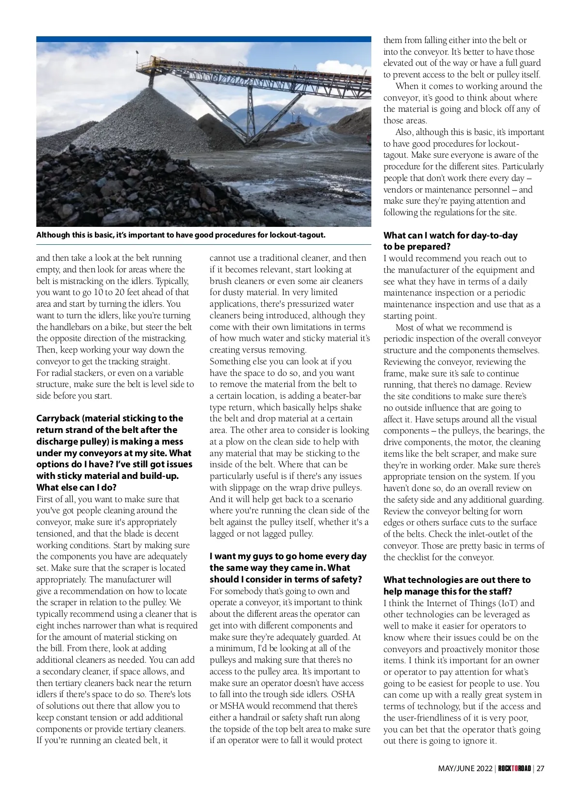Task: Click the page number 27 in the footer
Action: click(540, 768)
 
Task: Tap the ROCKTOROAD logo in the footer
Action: click(514, 768)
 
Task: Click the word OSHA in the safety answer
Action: click(343, 694)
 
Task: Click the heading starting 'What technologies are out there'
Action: click(457, 580)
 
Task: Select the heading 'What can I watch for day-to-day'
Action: click(450, 236)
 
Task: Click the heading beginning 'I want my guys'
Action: click(288, 556)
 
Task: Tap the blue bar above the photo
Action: click(203, 39)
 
